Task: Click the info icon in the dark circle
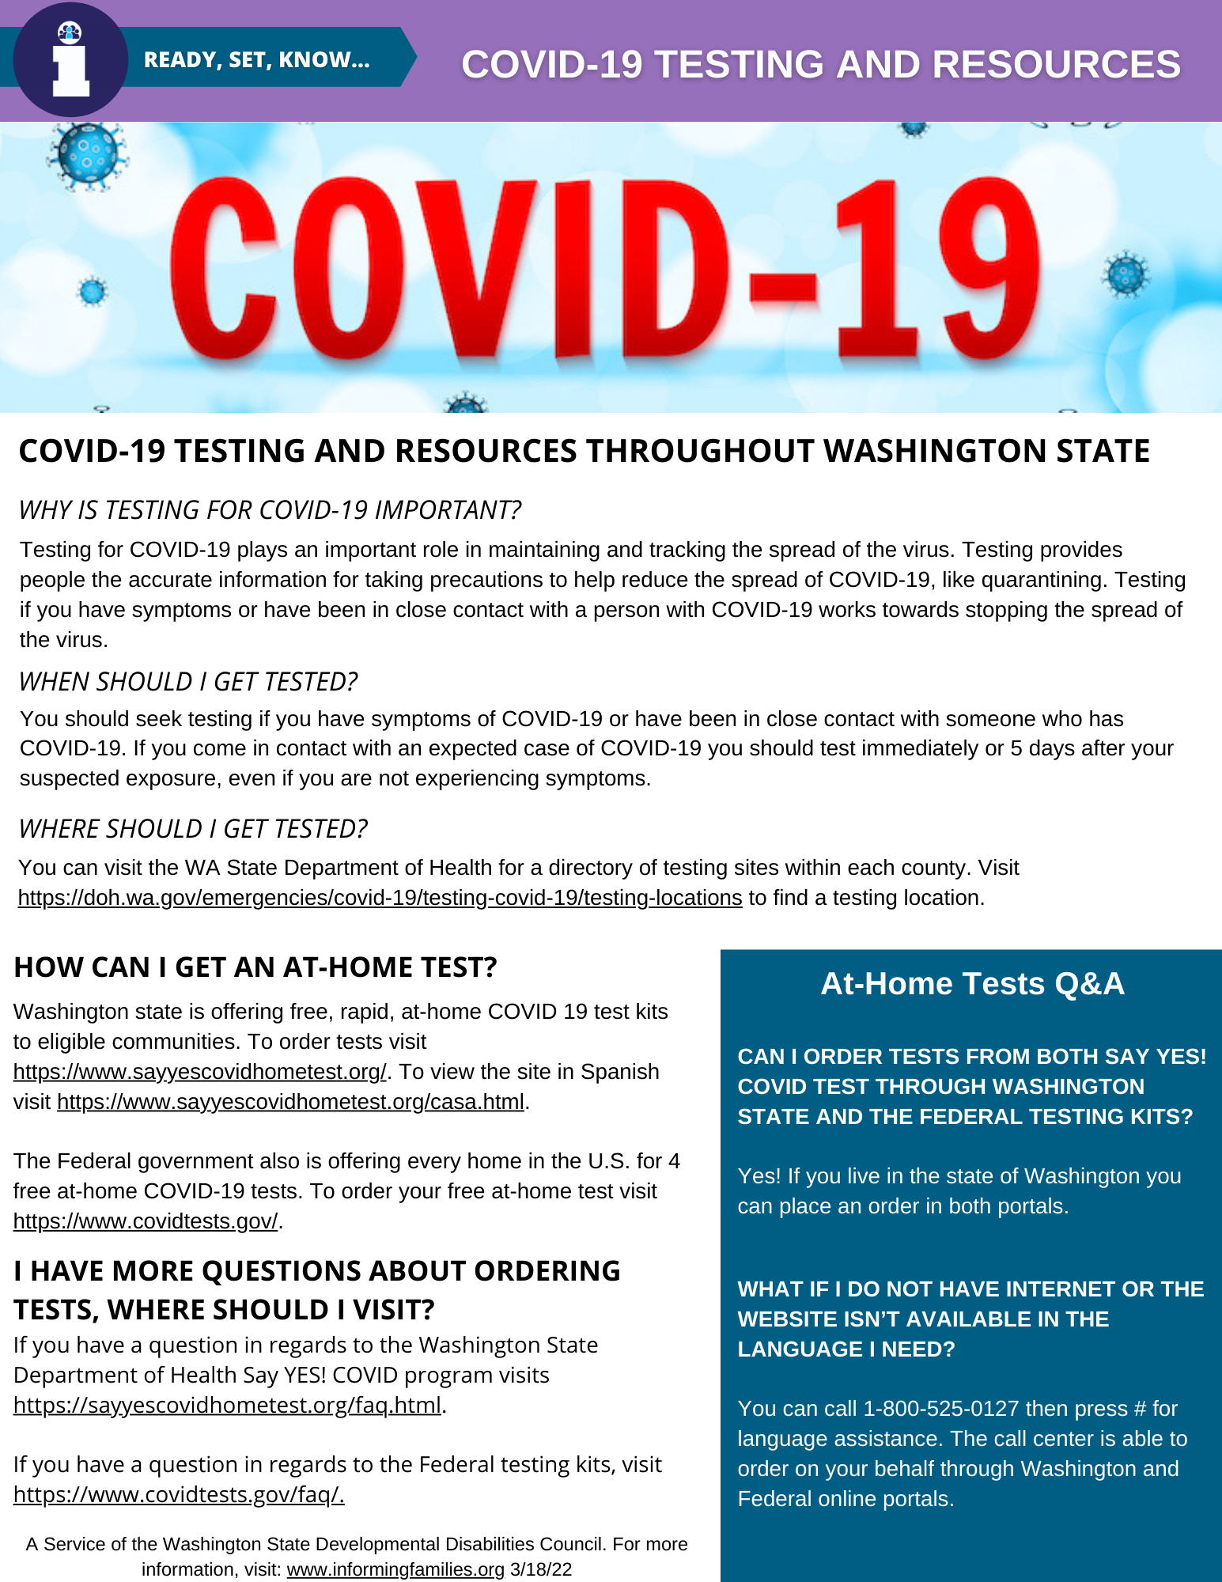click(x=70, y=60)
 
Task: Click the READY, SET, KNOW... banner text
click(x=256, y=60)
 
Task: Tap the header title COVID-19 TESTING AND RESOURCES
click(x=820, y=64)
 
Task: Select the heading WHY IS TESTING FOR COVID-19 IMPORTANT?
click(x=270, y=510)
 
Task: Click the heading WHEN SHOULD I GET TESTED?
click(x=188, y=682)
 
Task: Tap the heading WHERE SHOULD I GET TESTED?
click(x=193, y=829)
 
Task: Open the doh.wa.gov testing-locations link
click(x=380, y=898)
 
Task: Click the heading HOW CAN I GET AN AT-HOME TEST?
click(x=255, y=967)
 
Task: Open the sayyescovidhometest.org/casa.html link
click(x=290, y=1102)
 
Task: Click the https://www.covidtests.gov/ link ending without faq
click(x=146, y=1221)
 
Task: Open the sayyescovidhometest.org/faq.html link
click(x=227, y=1405)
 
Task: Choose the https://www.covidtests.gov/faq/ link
click(x=179, y=1494)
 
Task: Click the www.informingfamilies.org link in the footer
click(x=395, y=1569)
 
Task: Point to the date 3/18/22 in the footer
click(x=541, y=1569)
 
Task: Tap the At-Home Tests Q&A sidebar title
click(x=972, y=984)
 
